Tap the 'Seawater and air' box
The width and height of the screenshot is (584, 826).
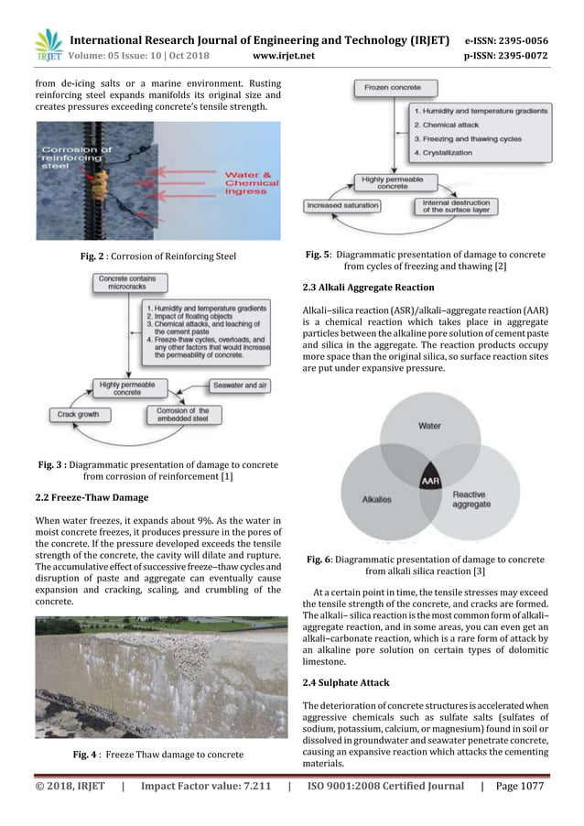pos(240,386)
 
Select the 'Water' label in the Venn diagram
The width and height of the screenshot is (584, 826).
pos(428,426)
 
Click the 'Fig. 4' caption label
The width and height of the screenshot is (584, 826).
pos(87,754)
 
